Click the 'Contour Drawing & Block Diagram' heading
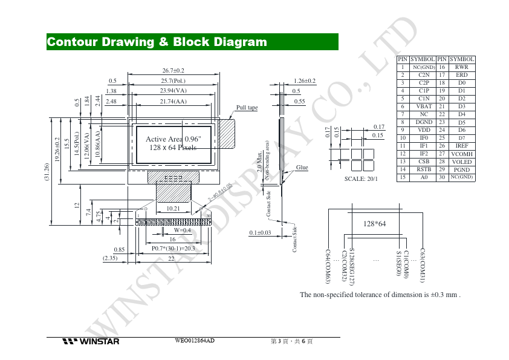pos(157,42)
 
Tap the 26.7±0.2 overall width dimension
pos(173,71)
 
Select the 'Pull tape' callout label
pos(247,108)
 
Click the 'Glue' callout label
pos(302,167)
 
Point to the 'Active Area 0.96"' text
pos(173,139)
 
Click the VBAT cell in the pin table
pos(424,106)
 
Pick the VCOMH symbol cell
pos(462,154)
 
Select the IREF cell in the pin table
pos(462,146)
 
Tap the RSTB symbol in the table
pos(424,169)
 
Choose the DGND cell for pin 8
pos(424,122)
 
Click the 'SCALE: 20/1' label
pos(361,179)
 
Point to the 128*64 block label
pos(374,224)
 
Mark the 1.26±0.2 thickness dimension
pos(305,80)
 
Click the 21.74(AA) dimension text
pos(173,102)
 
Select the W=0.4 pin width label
pos(182,231)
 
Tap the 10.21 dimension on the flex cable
pos(173,208)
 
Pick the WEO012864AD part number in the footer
pos(195,341)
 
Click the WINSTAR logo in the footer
pos(91,342)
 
